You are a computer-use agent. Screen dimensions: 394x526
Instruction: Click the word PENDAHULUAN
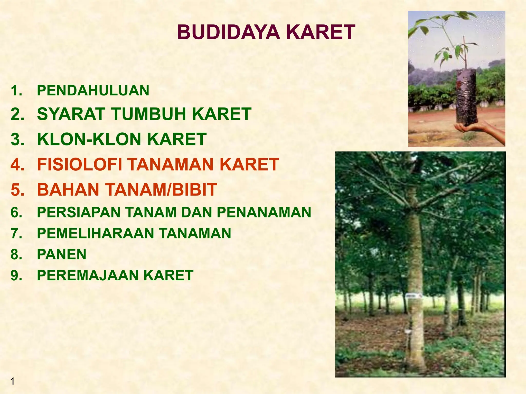point(93,91)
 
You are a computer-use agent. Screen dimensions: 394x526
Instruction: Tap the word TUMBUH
point(149,114)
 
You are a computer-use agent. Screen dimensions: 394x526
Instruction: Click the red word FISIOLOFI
point(80,164)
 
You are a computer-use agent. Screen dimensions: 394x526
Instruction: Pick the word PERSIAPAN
point(79,212)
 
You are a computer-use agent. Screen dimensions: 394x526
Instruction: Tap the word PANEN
point(62,254)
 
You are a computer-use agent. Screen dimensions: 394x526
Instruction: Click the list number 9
point(16,275)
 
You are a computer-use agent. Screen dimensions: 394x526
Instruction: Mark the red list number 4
point(17,164)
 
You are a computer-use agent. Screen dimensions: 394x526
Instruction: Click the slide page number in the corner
point(12,381)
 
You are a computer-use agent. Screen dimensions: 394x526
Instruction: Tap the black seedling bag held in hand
point(466,97)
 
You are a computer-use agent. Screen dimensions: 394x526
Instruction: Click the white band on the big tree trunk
point(414,297)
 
